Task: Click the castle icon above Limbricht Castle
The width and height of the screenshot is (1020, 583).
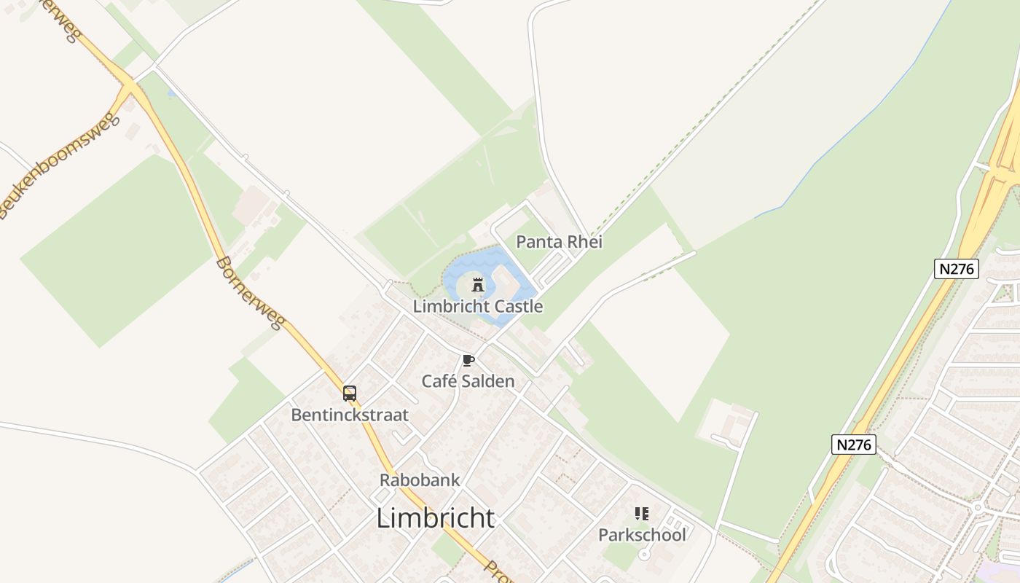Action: tap(478, 285)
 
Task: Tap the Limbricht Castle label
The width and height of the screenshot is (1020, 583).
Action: tap(478, 306)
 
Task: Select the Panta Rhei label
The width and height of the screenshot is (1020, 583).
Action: tap(559, 242)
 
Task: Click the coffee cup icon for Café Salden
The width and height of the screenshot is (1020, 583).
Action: tap(468, 360)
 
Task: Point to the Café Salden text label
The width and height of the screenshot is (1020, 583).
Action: tap(468, 381)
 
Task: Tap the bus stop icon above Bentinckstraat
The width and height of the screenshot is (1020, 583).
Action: tap(350, 394)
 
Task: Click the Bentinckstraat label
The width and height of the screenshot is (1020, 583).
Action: tap(350, 415)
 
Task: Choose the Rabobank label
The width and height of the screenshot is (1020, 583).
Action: tap(420, 480)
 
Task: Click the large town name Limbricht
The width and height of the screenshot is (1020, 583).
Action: tap(436, 518)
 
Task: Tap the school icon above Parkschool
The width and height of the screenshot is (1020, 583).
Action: tap(642, 514)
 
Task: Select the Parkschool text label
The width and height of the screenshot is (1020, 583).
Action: tap(642, 535)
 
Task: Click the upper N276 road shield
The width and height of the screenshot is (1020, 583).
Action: tap(956, 269)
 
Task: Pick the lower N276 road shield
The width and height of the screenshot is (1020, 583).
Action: tap(853, 445)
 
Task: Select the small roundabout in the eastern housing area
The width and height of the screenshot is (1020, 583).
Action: tap(977, 506)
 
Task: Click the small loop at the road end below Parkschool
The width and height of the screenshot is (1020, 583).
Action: tap(644, 555)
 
